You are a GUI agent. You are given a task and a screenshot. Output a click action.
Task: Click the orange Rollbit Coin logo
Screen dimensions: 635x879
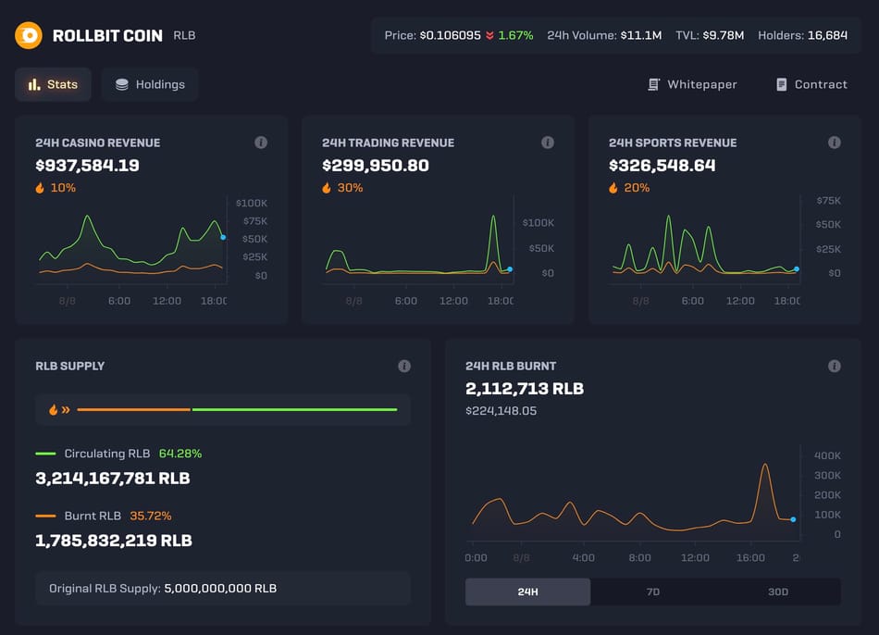29,35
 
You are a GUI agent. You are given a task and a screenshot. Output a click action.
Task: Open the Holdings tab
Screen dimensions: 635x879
150,84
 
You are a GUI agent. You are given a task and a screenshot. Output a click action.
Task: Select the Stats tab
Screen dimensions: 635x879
53,84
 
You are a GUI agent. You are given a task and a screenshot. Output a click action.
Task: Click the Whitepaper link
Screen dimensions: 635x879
692,84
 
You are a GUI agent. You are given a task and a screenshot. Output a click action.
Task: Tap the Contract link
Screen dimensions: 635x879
811,84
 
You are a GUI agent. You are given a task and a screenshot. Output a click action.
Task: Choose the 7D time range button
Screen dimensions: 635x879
652,591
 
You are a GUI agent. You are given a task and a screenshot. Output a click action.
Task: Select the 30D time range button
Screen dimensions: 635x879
777,591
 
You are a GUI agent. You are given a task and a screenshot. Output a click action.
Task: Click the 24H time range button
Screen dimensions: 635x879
527,591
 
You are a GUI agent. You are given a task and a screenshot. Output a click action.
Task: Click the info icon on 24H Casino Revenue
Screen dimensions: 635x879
261,143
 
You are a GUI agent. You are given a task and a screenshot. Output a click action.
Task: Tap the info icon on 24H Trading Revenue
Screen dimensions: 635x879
548,143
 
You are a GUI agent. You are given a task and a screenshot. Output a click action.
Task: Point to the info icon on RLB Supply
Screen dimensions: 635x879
404,366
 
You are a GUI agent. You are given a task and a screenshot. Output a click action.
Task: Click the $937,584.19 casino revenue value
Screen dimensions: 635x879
87,166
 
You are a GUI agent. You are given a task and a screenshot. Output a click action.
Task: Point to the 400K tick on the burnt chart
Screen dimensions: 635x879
827,455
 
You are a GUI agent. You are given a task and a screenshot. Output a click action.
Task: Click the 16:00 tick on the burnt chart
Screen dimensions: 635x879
750,557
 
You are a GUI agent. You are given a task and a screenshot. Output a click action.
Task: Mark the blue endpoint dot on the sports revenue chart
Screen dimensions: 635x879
797,269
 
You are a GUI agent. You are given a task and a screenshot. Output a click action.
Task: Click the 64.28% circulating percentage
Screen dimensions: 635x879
180,454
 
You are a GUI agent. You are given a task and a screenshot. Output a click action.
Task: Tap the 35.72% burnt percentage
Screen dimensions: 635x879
150,516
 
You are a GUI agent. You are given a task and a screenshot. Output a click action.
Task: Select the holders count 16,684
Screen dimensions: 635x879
827,35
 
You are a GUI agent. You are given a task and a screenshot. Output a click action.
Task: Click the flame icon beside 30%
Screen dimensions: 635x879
327,188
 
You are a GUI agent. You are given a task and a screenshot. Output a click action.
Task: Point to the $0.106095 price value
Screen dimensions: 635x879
450,35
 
